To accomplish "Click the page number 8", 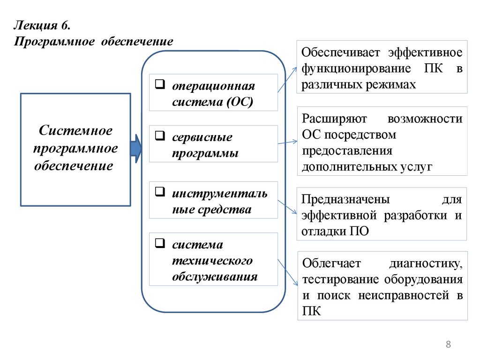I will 448,345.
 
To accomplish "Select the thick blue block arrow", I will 135,149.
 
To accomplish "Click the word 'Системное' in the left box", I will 75,131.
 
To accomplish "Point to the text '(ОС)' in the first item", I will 239,102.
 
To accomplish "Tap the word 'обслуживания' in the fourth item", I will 215,276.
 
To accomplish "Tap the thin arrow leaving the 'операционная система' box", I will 287,80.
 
